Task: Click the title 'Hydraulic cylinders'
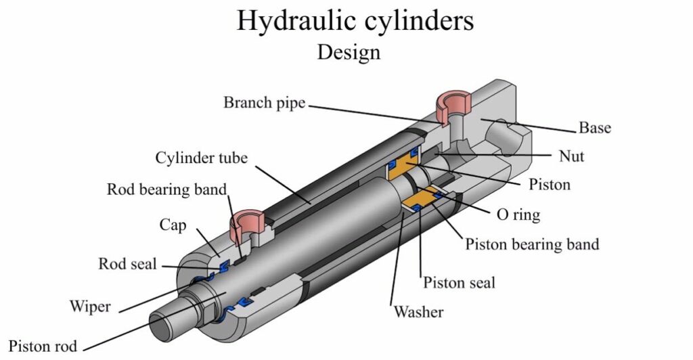(x=355, y=21)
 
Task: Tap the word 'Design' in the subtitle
(x=349, y=52)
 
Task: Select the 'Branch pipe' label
(x=265, y=102)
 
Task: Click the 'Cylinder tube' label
(x=201, y=158)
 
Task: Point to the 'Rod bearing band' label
(x=166, y=189)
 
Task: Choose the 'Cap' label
(x=173, y=225)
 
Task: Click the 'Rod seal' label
(x=127, y=264)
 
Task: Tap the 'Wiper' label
(x=90, y=306)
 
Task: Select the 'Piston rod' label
(x=43, y=346)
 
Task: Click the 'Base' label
(x=595, y=128)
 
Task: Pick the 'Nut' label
(x=571, y=156)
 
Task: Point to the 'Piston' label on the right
(x=550, y=184)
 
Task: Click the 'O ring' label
(x=518, y=215)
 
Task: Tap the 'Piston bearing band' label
(x=532, y=244)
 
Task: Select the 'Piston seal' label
(x=460, y=283)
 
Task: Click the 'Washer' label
(x=418, y=312)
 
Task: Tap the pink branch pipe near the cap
(x=246, y=223)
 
